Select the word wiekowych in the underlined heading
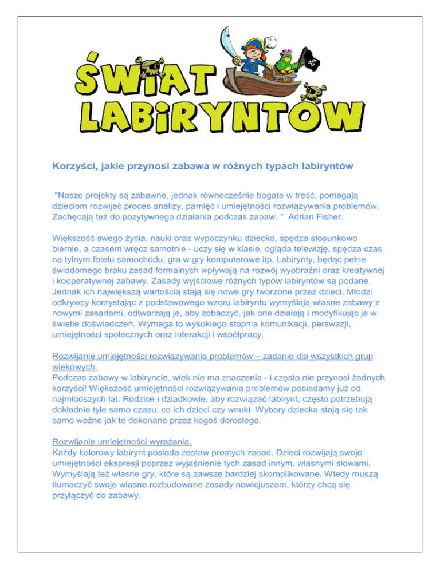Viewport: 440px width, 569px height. click(74, 367)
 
